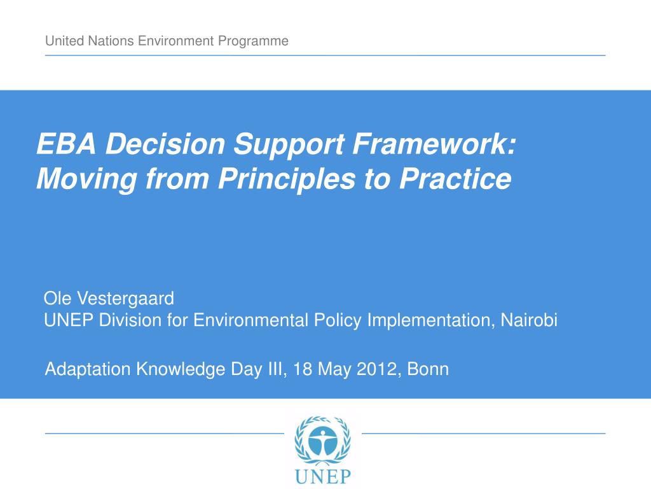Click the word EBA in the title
(x=66, y=144)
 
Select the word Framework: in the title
(x=434, y=144)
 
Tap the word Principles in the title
(x=287, y=179)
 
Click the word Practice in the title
(x=455, y=179)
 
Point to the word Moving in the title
(x=86, y=179)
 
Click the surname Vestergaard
(x=126, y=299)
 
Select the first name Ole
(x=58, y=299)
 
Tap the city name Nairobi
(x=529, y=320)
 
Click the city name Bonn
(x=428, y=369)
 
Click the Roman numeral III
(x=276, y=369)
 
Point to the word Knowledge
(x=181, y=370)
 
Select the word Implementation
(x=432, y=321)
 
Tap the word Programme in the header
(x=253, y=41)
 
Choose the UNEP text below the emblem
(x=322, y=476)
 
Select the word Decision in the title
(x=165, y=144)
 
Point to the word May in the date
(x=334, y=370)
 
